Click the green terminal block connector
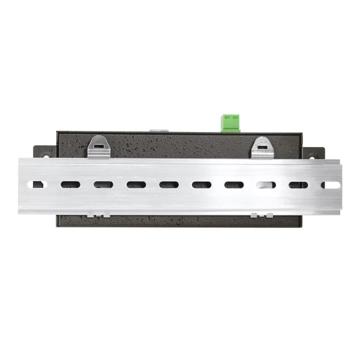click(230, 122)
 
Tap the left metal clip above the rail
click(98, 147)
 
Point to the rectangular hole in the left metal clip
click(98, 145)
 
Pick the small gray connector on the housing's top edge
click(158, 130)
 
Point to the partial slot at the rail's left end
click(38, 185)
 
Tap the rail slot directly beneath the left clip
click(103, 185)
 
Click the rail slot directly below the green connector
click(234, 185)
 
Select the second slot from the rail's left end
click(70, 185)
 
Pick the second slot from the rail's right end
click(298, 185)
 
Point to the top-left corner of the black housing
click(57, 133)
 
